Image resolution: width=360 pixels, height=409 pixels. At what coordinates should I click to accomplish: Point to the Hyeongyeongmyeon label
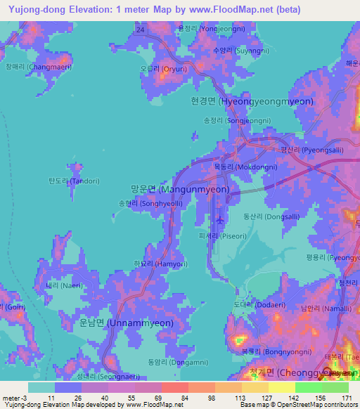point(252,101)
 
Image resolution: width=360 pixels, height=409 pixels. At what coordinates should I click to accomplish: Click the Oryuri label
point(163,69)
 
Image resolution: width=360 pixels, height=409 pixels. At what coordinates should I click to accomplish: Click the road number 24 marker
point(141,30)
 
